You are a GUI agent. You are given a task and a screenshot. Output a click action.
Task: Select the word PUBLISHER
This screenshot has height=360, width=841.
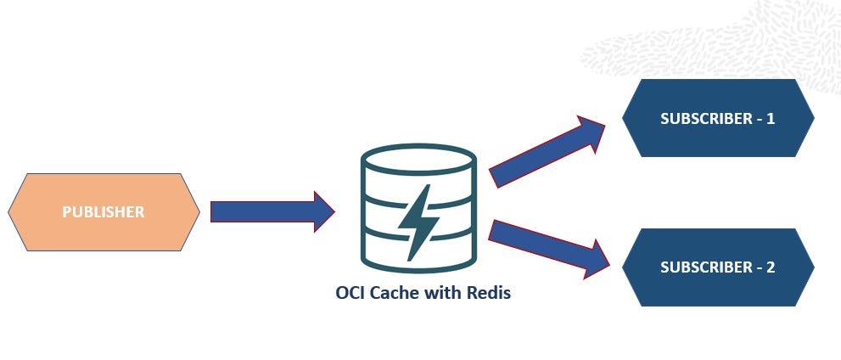click(104, 212)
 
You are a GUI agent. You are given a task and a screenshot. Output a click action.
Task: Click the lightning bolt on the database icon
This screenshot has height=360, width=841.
click(418, 222)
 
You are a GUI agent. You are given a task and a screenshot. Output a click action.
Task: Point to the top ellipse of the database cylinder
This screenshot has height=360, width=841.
click(418, 160)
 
